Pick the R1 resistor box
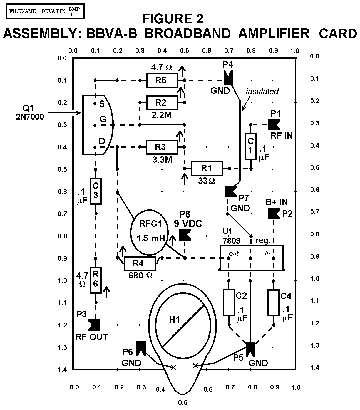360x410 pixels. pyautogui.click(x=207, y=168)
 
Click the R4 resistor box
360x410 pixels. pyautogui.click(x=140, y=264)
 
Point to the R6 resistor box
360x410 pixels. pyautogui.click(x=96, y=280)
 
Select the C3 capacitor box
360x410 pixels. pyautogui.click(x=95, y=191)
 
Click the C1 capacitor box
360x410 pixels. pyautogui.click(x=250, y=146)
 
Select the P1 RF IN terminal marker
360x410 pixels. pyautogui.click(x=274, y=125)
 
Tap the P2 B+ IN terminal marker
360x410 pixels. pyautogui.click(x=274, y=214)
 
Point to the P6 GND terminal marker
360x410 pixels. pyautogui.click(x=141, y=348)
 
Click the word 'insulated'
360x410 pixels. pyautogui.click(x=262, y=91)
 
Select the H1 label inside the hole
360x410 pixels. pyautogui.click(x=175, y=320)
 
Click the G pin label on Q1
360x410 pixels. pyautogui.click(x=103, y=119)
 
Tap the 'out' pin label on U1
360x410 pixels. pyautogui.click(x=234, y=254)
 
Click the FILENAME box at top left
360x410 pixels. pyautogui.click(x=44, y=11)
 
